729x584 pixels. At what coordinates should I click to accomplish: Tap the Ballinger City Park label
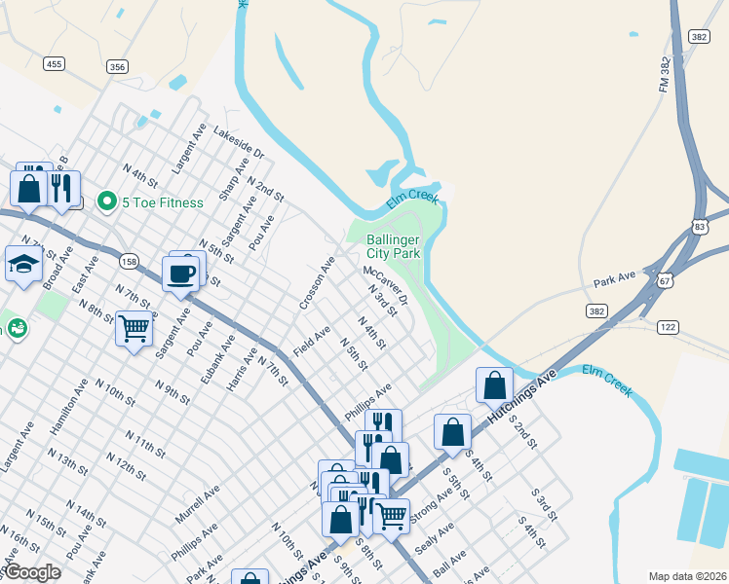click(393, 246)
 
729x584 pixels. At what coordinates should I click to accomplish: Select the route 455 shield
click(54, 64)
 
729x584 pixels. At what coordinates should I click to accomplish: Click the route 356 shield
click(118, 66)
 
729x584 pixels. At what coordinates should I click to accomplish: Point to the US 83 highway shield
click(701, 226)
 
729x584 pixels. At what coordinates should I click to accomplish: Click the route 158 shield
click(130, 262)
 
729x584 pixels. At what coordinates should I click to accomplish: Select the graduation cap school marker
click(22, 263)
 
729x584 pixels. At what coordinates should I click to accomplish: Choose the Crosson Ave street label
click(318, 284)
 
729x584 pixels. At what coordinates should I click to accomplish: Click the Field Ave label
click(312, 341)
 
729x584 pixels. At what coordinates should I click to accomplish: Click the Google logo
click(32, 573)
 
